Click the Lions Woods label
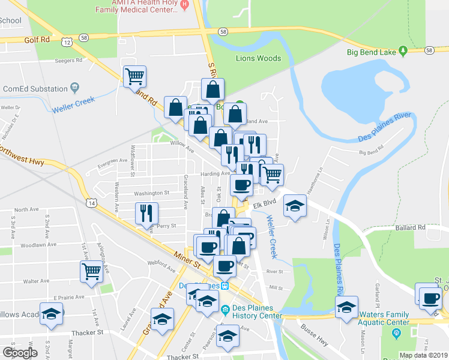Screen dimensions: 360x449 tap(258, 58)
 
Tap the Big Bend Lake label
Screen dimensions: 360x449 tap(372, 52)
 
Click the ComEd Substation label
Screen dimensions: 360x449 tap(35, 89)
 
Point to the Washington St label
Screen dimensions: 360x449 tap(151, 193)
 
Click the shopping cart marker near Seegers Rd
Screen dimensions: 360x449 tap(134, 76)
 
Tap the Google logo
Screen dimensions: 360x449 tap(20, 353)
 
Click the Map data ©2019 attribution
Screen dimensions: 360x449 tap(423, 355)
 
